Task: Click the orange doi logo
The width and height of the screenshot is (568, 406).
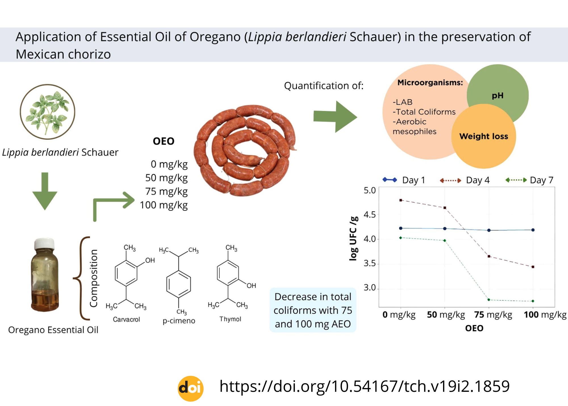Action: tap(191, 388)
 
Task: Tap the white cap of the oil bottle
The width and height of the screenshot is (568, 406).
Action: tap(44, 243)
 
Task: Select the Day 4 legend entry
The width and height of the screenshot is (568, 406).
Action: tap(465, 180)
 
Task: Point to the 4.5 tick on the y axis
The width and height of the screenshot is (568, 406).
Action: tap(370, 215)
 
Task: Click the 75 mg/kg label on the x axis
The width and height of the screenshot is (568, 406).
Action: tap(493, 315)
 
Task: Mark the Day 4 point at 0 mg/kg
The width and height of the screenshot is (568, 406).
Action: tap(401, 200)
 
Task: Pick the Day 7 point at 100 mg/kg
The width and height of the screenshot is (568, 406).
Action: tap(533, 301)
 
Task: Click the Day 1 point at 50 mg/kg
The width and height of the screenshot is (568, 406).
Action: tap(445, 228)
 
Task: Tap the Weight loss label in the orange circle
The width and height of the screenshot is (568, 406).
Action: tap(484, 136)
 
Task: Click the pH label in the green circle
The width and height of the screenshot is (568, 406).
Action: tap(498, 95)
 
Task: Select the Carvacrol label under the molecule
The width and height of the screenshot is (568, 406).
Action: tap(126, 320)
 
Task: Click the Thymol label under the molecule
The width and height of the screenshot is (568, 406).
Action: tap(230, 319)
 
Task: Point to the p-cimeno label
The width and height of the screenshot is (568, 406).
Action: tap(179, 321)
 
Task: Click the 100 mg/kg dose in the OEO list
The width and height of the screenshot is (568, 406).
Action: tap(164, 205)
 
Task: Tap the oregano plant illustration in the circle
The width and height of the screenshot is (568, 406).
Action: tap(47, 112)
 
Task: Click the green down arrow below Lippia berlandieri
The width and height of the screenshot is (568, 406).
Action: tap(45, 191)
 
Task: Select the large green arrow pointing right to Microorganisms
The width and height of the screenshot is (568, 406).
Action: tap(335, 116)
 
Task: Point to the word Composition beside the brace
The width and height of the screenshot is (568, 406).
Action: tap(93, 278)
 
